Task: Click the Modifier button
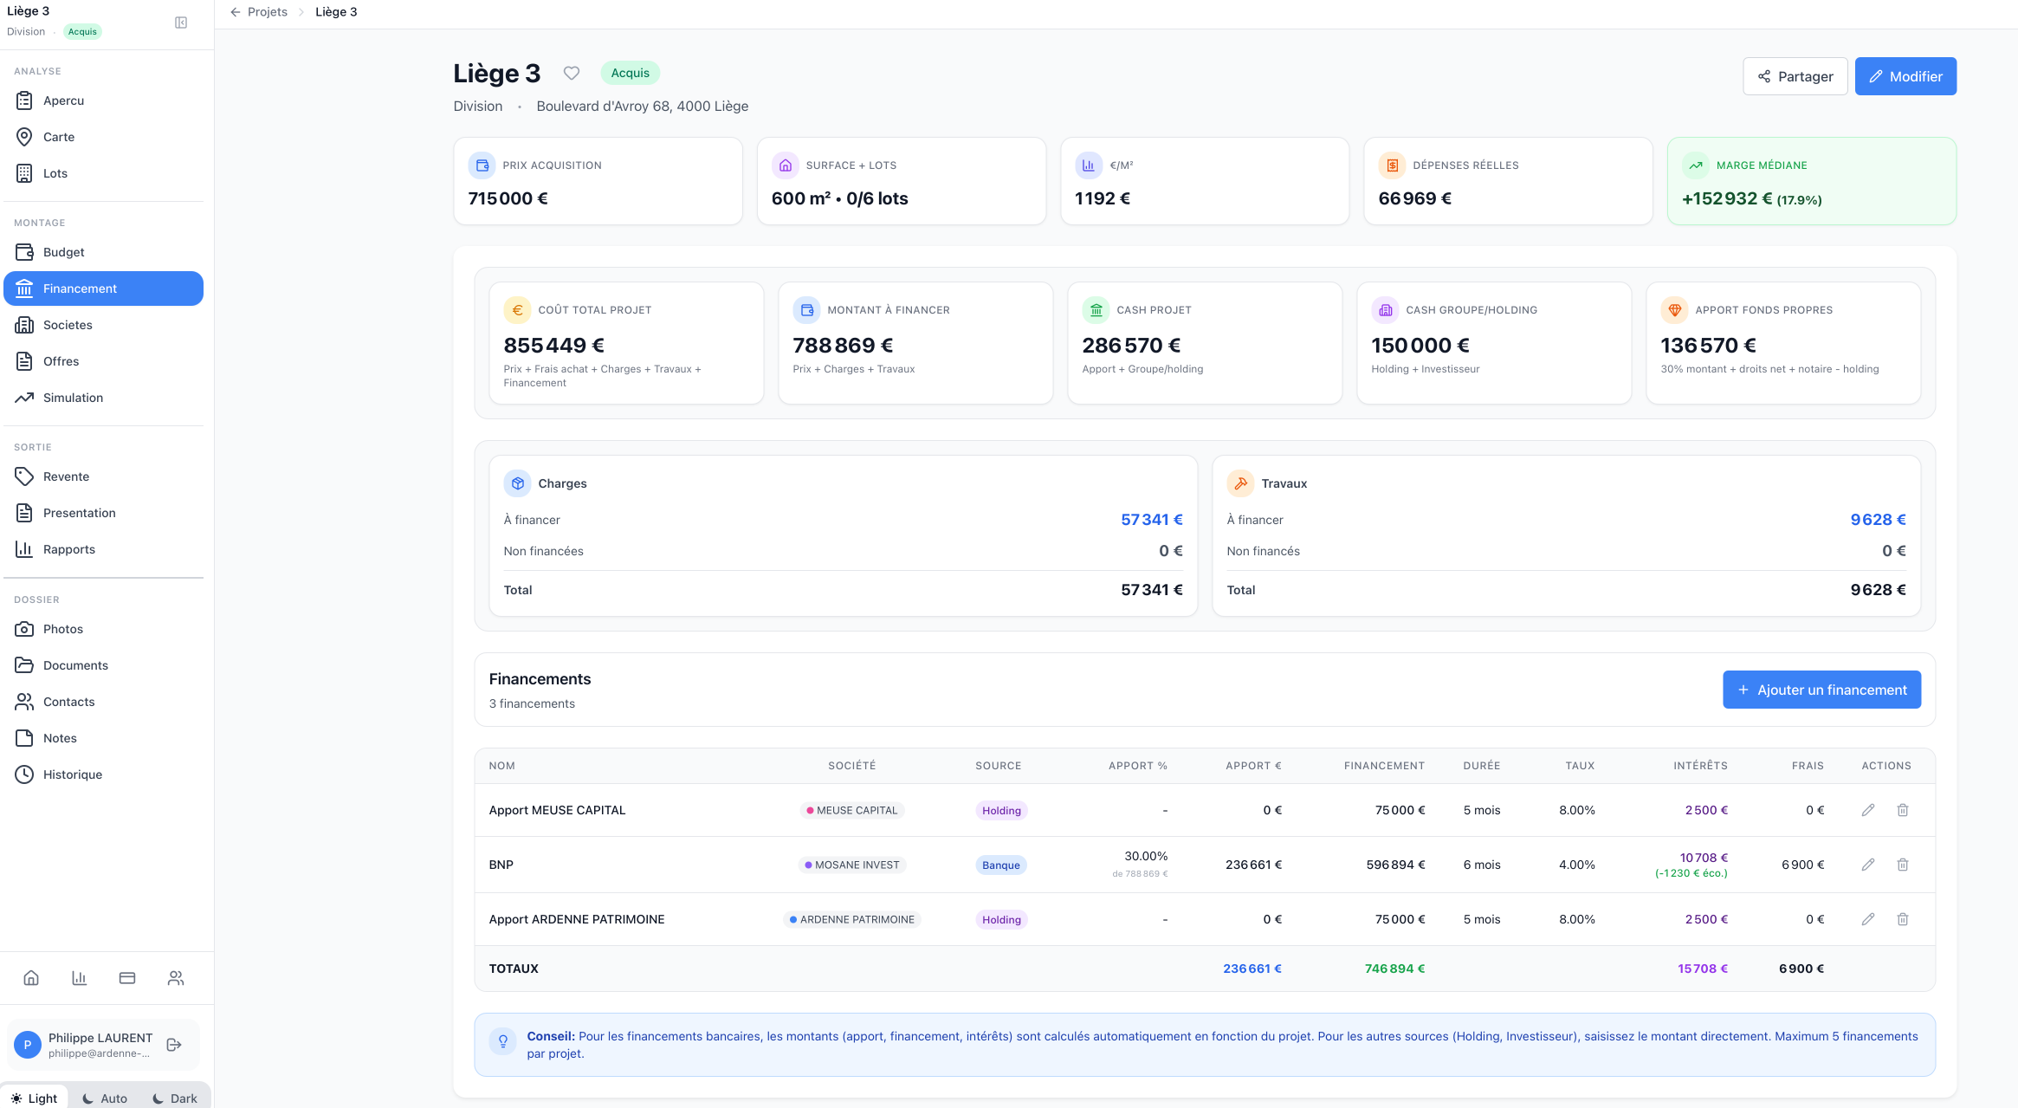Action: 1905,76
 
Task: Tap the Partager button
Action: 1795,76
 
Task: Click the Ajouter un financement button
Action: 1821,690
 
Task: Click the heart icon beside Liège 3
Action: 572,73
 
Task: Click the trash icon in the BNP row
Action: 1903,865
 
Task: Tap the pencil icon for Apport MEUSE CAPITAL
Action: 1868,810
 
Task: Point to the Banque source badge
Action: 1001,865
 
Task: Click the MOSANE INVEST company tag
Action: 852,865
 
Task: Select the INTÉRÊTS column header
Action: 1700,766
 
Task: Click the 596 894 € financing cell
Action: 1395,865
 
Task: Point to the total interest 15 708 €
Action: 1703,969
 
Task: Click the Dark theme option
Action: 175,1098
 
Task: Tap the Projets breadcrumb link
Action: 268,12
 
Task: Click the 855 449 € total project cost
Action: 553,346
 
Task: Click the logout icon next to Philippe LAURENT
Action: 174,1045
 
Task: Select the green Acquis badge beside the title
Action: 630,73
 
